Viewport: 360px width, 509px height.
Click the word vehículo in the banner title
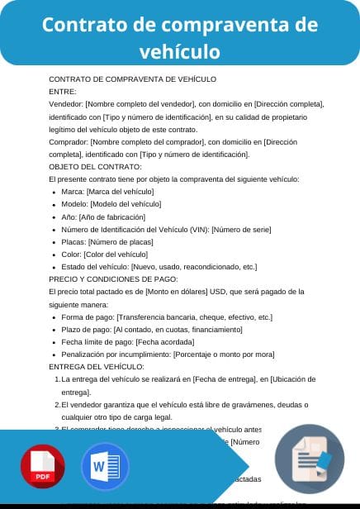coord(179,52)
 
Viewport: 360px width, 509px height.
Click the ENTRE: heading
coord(63,92)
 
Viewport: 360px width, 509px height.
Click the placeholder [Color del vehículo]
coord(117,254)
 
